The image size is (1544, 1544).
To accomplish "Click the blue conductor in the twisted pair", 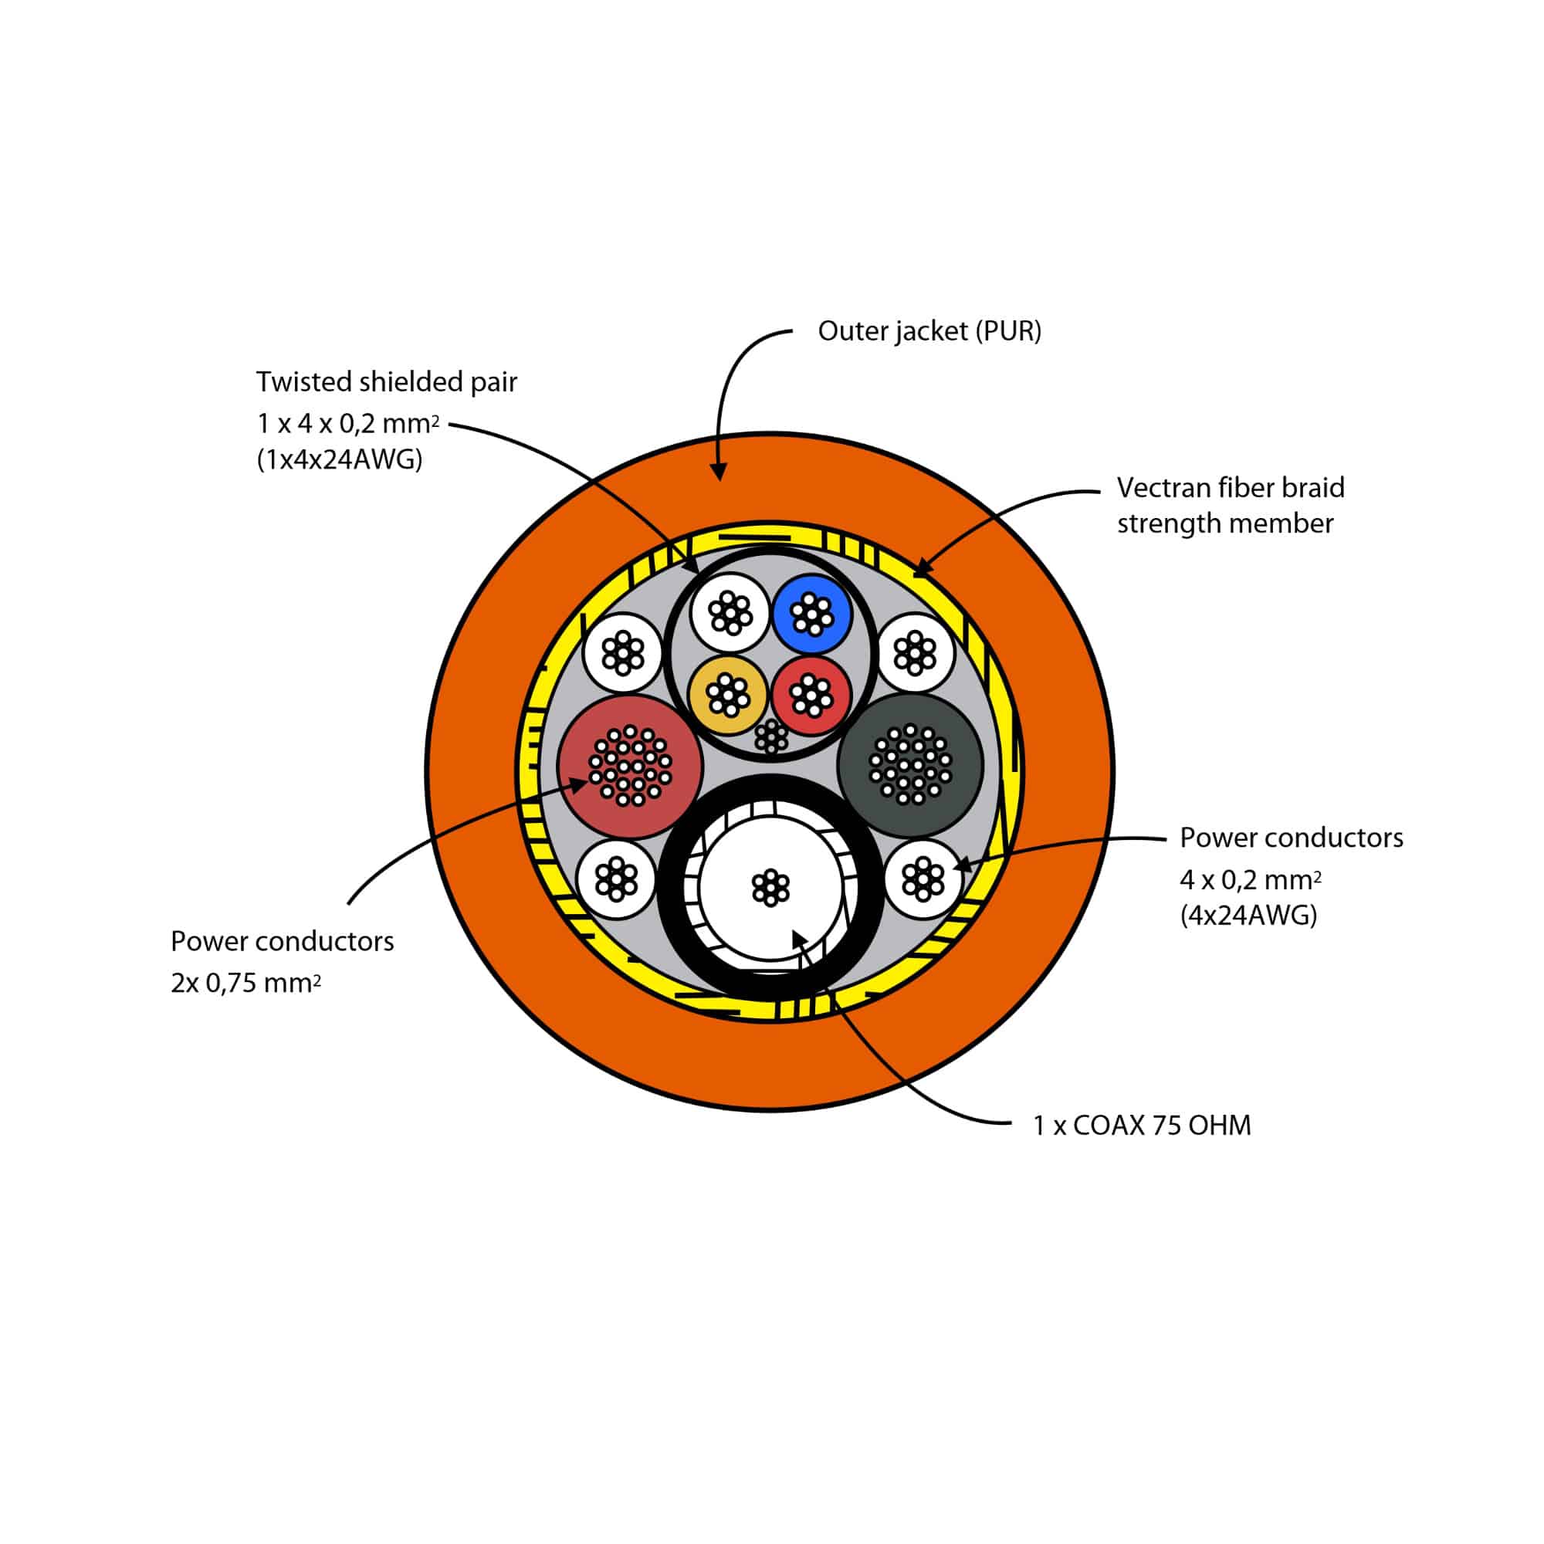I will tap(812, 615).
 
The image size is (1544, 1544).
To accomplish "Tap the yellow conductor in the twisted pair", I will tap(727, 695).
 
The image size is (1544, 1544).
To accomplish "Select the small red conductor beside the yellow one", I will tap(811, 695).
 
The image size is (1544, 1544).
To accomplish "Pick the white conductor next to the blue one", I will tap(730, 614).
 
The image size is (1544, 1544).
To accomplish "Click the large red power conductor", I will tap(630, 766).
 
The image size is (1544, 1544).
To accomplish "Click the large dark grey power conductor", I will tap(910, 765).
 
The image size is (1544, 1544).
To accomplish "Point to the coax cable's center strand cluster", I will tap(770, 888).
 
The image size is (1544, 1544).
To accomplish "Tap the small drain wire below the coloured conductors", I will tap(771, 736).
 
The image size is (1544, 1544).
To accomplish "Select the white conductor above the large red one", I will tap(623, 653).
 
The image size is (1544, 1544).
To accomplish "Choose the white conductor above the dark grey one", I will tap(916, 652).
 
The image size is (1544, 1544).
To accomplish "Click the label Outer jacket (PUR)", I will tap(929, 331).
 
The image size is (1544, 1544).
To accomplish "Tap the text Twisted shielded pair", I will tap(387, 382).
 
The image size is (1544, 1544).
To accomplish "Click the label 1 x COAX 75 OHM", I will tap(1142, 1126).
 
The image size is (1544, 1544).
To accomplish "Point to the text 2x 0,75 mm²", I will tap(245, 982).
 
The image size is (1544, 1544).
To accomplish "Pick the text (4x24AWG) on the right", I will tap(1248, 914).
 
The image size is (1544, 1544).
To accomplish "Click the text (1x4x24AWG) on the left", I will tap(340, 460).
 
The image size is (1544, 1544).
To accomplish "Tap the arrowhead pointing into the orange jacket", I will tap(720, 474).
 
